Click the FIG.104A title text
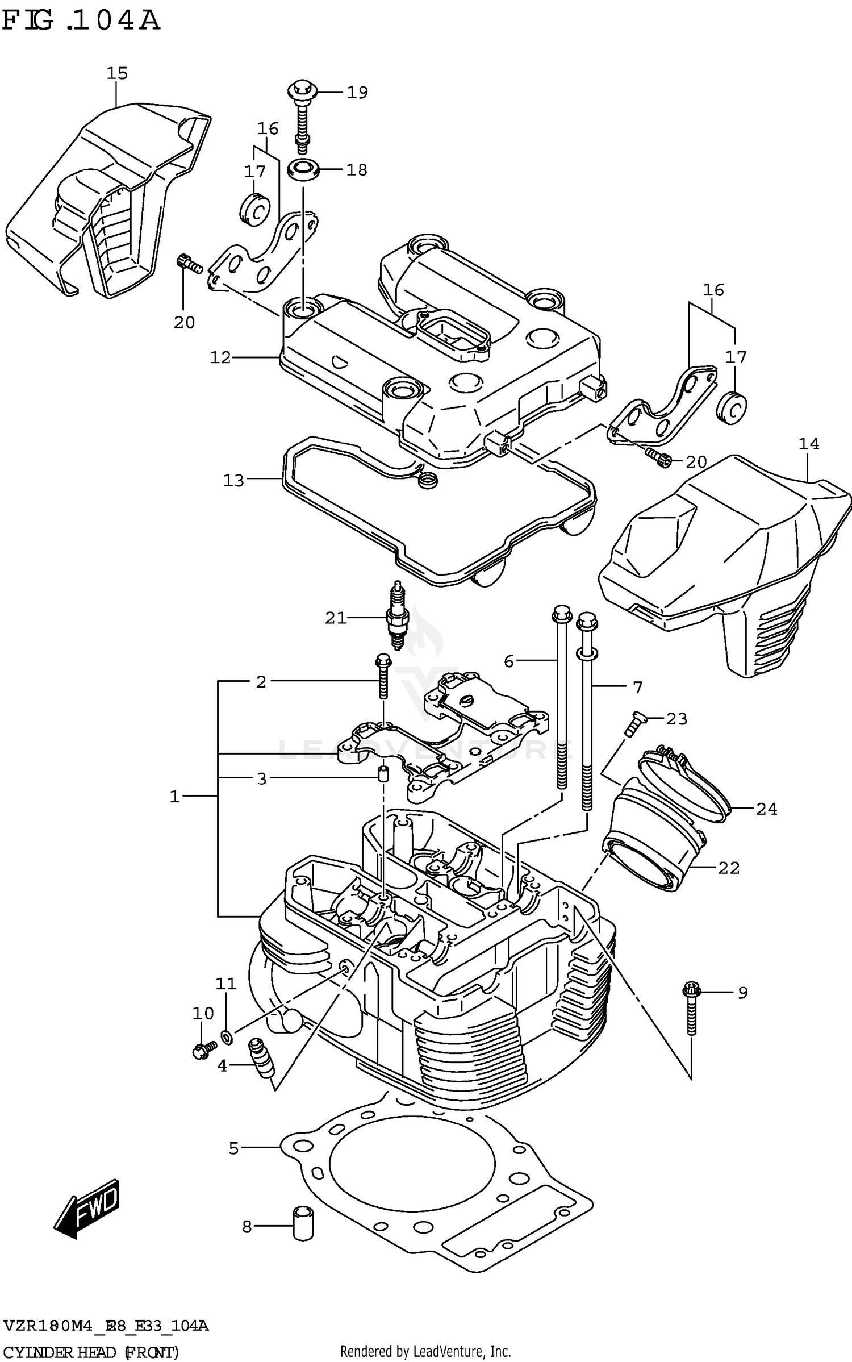click(x=81, y=21)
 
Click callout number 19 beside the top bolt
click(x=357, y=93)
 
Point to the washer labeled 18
click(x=302, y=169)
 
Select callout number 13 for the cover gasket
click(x=233, y=481)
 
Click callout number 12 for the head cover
click(x=220, y=357)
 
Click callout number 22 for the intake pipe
click(x=729, y=868)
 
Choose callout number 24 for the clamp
click(x=766, y=808)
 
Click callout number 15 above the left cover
click(x=118, y=73)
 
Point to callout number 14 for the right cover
click(x=809, y=444)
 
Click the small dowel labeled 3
click(x=383, y=774)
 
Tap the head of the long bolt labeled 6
click(x=560, y=614)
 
